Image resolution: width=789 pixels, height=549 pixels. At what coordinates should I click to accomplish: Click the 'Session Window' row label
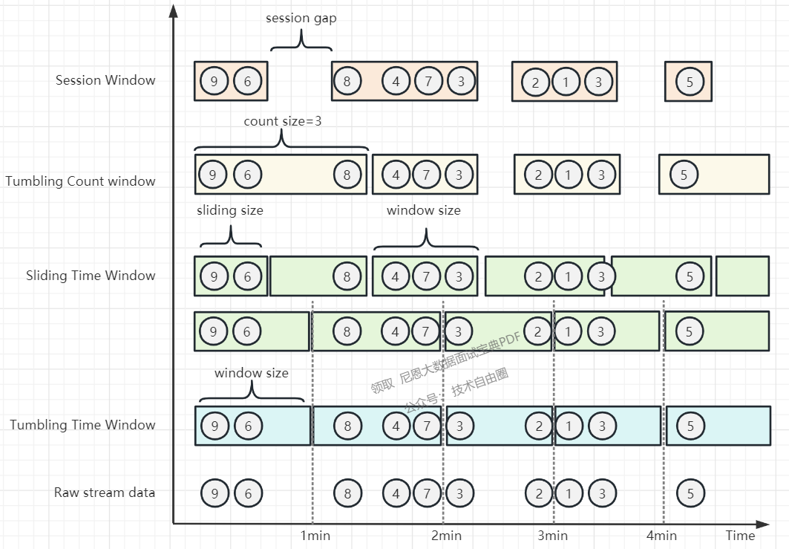pyautogui.click(x=105, y=80)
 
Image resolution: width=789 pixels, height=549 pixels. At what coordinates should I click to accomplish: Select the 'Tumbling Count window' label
pyautogui.click(x=80, y=181)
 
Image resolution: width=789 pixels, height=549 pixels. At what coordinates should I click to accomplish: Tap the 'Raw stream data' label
pyautogui.click(x=105, y=493)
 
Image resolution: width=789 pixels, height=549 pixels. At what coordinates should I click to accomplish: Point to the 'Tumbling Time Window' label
pyautogui.click(x=82, y=425)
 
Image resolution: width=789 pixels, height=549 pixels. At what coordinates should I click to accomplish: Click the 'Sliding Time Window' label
pyautogui.click(x=91, y=276)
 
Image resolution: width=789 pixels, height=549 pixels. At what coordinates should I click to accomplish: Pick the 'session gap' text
pyautogui.click(x=301, y=18)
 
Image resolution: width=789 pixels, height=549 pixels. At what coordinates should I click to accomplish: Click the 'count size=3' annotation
pyautogui.click(x=283, y=121)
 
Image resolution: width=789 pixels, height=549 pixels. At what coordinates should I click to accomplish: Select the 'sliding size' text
pyautogui.click(x=229, y=210)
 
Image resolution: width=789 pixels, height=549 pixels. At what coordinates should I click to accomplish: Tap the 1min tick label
pyautogui.click(x=315, y=536)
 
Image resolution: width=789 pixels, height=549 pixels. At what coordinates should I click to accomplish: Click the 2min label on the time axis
pyautogui.click(x=446, y=536)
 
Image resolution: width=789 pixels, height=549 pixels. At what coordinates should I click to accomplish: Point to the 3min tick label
pyautogui.click(x=553, y=536)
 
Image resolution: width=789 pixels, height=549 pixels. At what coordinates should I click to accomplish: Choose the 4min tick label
pyautogui.click(x=661, y=536)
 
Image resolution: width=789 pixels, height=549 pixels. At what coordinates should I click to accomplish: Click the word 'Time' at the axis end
pyautogui.click(x=740, y=536)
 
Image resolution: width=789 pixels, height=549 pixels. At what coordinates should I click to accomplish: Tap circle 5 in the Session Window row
pyautogui.click(x=690, y=82)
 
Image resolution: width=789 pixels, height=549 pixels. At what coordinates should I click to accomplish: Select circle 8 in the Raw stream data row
pyautogui.click(x=347, y=493)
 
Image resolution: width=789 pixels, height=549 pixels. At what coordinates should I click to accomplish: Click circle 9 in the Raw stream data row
pyautogui.click(x=215, y=493)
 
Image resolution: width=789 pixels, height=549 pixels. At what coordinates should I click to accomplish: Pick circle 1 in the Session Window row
pyautogui.click(x=566, y=82)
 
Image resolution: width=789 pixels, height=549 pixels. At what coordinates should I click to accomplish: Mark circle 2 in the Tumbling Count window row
pyautogui.click(x=538, y=175)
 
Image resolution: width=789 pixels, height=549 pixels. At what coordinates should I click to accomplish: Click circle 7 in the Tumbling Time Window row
pyautogui.click(x=427, y=426)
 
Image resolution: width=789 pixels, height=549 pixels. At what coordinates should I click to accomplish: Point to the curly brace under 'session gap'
pyautogui.click(x=301, y=40)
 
